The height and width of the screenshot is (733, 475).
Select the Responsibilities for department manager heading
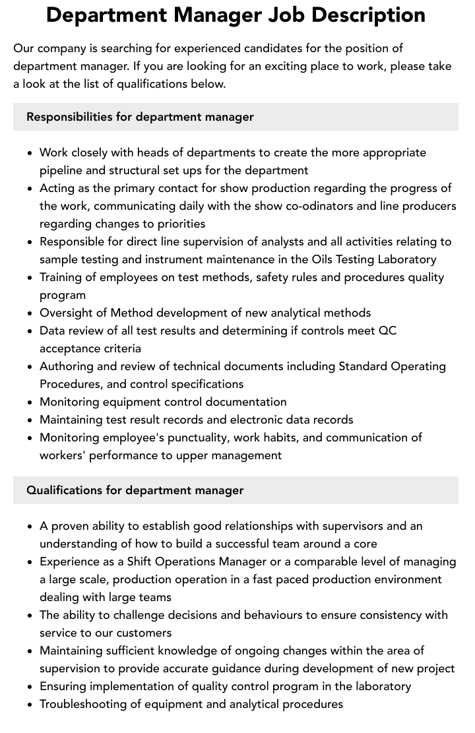click(140, 117)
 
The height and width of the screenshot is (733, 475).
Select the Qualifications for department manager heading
click(135, 490)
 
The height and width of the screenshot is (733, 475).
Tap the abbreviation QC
click(387, 331)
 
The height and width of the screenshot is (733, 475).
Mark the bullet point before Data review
click(30, 331)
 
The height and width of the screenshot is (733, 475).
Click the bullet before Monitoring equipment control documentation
click(30, 402)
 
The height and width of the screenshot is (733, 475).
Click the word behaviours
click(275, 615)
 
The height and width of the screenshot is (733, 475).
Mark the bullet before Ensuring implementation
click(30, 687)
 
